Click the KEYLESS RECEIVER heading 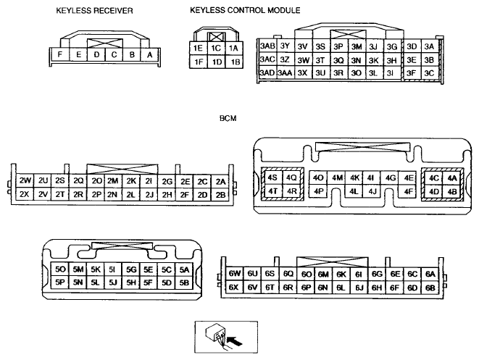[x=94, y=11]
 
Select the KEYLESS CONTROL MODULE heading [x=245, y=10]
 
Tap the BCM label [x=228, y=118]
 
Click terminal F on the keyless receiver [x=60, y=54]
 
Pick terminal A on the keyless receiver [x=150, y=55]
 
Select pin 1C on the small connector [x=216, y=48]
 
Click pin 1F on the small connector [x=199, y=62]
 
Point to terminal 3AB [x=267, y=46]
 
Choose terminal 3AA [x=285, y=73]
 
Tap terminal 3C [x=429, y=73]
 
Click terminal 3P [x=338, y=46]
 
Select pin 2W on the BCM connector [x=25, y=181]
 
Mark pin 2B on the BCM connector [x=220, y=195]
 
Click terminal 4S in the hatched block [x=272, y=177]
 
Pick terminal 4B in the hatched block [x=451, y=192]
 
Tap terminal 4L [x=354, y=192]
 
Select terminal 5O [x=60, y=269]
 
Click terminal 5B [x=184, y=282]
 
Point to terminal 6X [x=233, y=287]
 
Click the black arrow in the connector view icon [x=235, y=341]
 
